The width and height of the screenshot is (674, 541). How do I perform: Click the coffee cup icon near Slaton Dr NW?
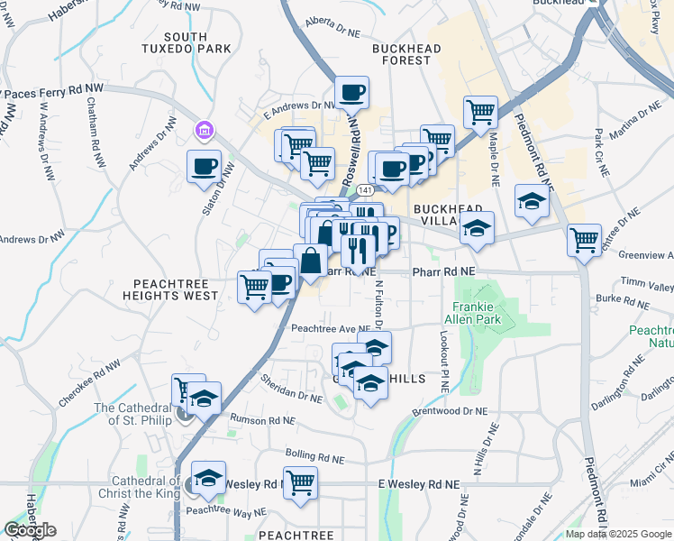click(203, 166)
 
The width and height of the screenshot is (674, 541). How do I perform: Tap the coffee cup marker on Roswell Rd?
click(352, 91)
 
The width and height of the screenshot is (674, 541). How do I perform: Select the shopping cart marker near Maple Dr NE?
click(480, 113)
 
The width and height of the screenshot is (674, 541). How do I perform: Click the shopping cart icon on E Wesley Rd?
click(300, 482)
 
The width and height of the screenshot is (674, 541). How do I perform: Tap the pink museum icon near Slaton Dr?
click(205, 133)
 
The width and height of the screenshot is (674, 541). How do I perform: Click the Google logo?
click(30, 530)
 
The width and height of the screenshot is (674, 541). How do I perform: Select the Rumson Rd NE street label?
click(263, 420)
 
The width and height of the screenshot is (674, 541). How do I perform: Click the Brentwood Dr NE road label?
click(449, 410)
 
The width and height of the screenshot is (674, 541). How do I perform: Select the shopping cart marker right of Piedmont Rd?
click(584, 240)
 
